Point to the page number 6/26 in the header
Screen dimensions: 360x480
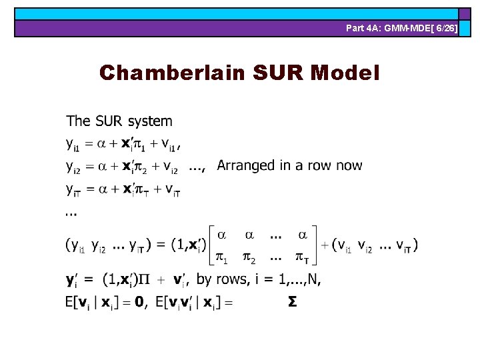click(443, 29)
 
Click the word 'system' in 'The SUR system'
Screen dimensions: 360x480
click(150, 122)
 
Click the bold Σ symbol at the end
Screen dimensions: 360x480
click(292, 302)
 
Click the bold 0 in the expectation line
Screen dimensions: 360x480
click(139, 302)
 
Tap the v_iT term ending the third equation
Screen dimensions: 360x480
click(173, 189)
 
